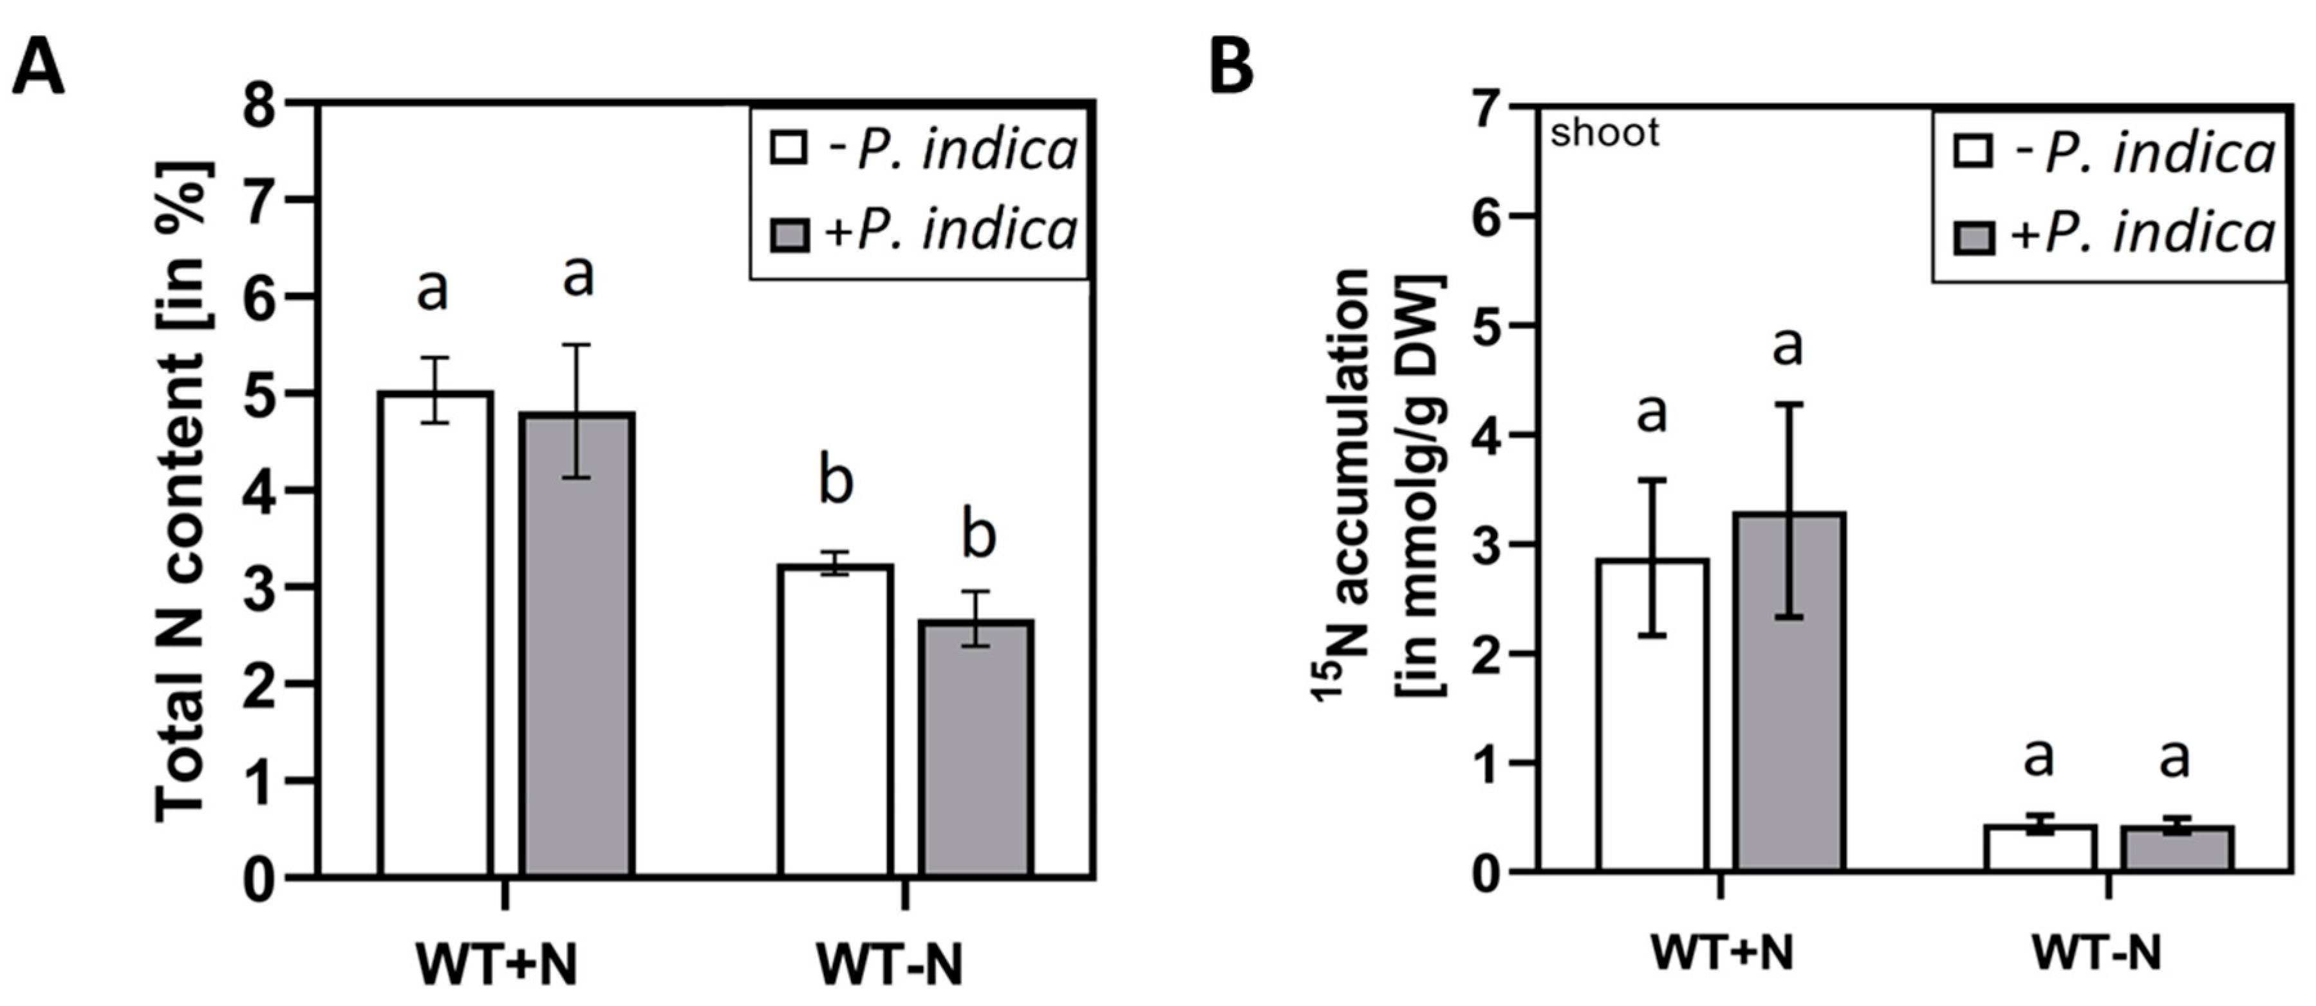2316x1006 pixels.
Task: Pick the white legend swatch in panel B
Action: (1974, 153)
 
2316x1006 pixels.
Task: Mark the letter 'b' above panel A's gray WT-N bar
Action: (978, 535)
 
